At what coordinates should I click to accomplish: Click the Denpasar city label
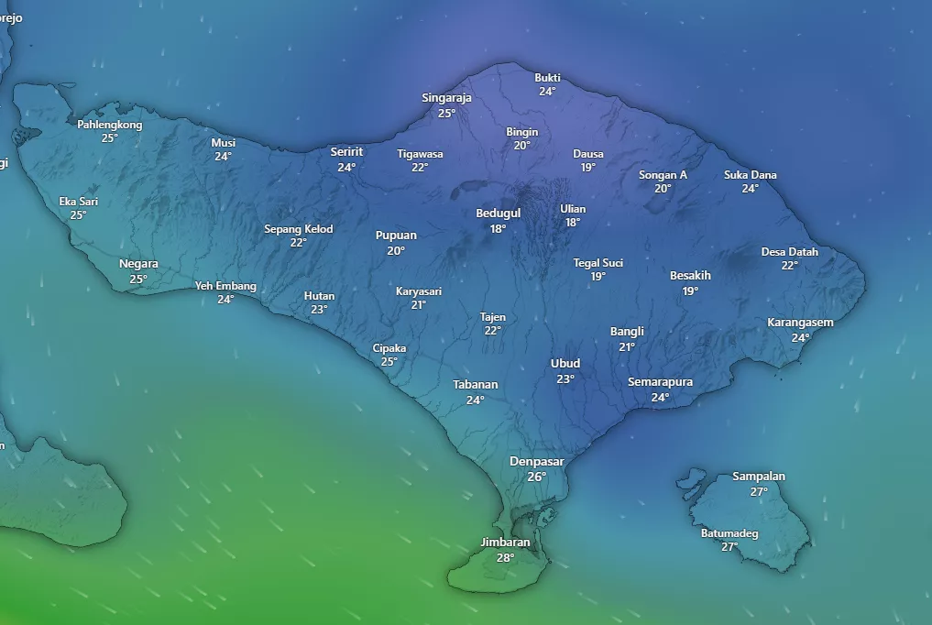tap(536, 461)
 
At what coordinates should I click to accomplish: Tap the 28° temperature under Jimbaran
tap(505, 557)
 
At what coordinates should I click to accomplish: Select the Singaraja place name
tap(446, 98)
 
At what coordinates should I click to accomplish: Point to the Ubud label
tap(565, 364)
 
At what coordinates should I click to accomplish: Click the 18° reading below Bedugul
tap(498, 229)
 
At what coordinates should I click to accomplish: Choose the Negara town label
tap(138, 264)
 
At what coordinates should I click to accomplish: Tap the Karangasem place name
tap(800, 323)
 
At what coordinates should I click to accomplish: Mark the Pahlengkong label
tap(109, 125)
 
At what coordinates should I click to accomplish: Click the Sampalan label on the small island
tap(759, 477)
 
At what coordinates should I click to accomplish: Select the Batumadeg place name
tap(729, 533)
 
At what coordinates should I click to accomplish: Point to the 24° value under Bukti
tap(547, 92)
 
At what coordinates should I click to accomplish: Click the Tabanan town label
tap(475, 385)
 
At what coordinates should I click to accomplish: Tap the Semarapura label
tap(660, 382)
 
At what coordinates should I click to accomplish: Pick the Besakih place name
tap(690, 276)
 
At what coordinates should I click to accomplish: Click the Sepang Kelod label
tap(299, 229)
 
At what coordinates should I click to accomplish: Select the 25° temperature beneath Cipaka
tap(389, 362)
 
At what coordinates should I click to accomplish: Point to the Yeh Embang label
tap(225, 286)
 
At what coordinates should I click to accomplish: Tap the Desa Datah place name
tap(790, 252)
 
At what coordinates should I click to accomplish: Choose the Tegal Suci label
tap(598, 263)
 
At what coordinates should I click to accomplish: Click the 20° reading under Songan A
tap(663, 189)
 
